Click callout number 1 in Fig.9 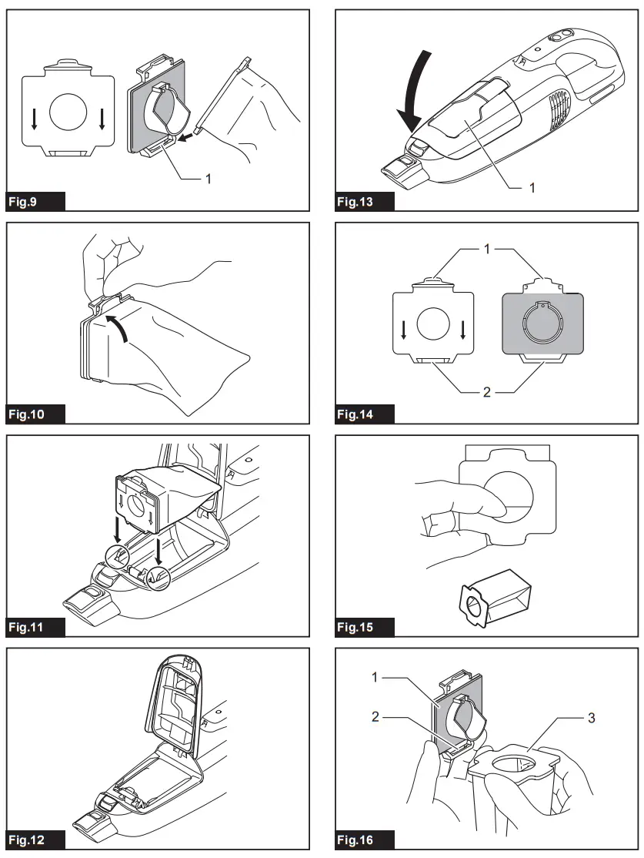207,178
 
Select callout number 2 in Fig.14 486,392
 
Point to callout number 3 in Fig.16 591,718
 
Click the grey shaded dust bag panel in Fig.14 538,324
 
